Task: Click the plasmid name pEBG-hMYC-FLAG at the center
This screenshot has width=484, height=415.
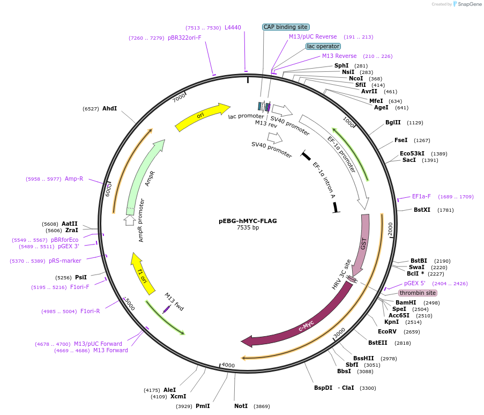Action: tap(248, 220)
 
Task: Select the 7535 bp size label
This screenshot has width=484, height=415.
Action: tap(248, 227)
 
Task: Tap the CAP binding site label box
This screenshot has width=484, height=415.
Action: tap(286, 27)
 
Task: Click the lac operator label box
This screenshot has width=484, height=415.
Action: tap(323, 46)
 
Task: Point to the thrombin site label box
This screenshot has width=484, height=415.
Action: tap(418, 293)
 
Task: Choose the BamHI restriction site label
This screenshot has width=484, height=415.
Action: tap(406, 302)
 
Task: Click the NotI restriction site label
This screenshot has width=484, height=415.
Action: tap(241, 406)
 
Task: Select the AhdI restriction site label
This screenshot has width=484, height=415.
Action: tap(109, 108)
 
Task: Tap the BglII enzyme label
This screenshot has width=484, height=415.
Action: tap(393, 122)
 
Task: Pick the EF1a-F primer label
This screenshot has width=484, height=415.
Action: tap(421, 196)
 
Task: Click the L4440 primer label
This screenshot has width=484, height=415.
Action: tap(233, 27)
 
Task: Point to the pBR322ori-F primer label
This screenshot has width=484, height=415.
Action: tap(184, 38)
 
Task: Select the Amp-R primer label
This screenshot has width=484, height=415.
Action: tap(74, 179)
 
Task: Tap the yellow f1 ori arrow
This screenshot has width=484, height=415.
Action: tap(142, 272)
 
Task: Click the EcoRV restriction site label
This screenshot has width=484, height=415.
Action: tap(387, 331)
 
